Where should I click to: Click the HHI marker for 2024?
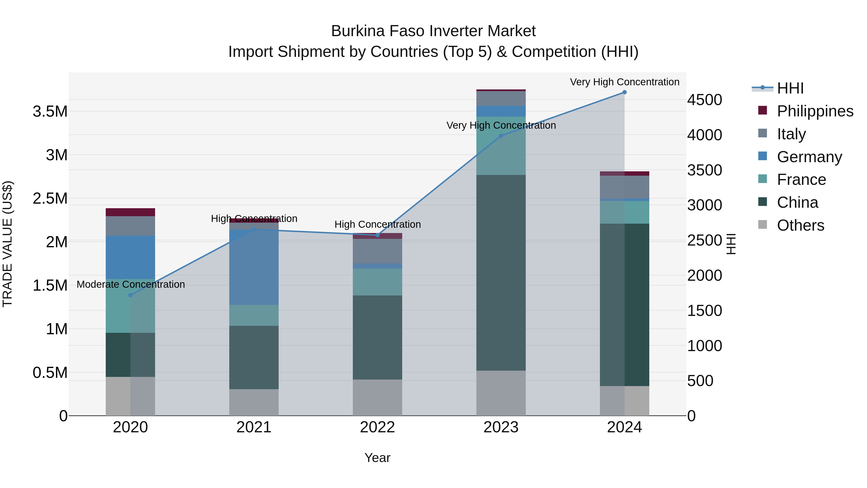tap(624, 92)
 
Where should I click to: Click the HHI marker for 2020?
tap(131, 295)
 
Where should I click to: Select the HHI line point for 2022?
tap(377, 235)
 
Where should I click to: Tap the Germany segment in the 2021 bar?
tap(254, 268)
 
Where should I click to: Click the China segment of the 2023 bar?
tap(501, 273)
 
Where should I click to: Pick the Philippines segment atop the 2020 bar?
tap(130, 212)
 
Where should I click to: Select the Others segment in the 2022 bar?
tap(377, 397)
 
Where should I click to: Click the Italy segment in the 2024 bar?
tap(624, 187)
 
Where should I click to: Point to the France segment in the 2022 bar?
tap(377, 282)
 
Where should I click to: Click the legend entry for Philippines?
tap(814, 111)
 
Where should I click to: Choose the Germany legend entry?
tap(809, 157)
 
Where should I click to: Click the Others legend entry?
tap(800, 225)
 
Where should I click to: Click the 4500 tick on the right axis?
tap(704, 100)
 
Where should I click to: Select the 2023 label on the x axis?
tap(501, 427)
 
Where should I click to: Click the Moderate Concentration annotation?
tap(131, 284)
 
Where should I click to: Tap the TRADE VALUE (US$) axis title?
tap(7, 244)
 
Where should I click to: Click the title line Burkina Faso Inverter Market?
tap(433, 31)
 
